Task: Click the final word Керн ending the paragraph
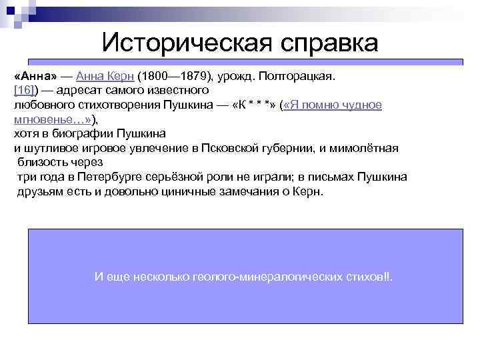tap(308, 192)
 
